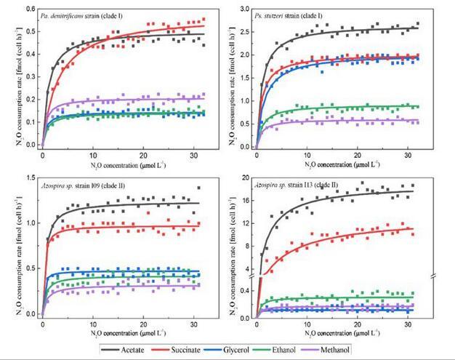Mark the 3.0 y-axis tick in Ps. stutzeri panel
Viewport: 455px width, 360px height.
coord(245,8)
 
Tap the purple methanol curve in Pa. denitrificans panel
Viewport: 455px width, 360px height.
coord(145,99)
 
